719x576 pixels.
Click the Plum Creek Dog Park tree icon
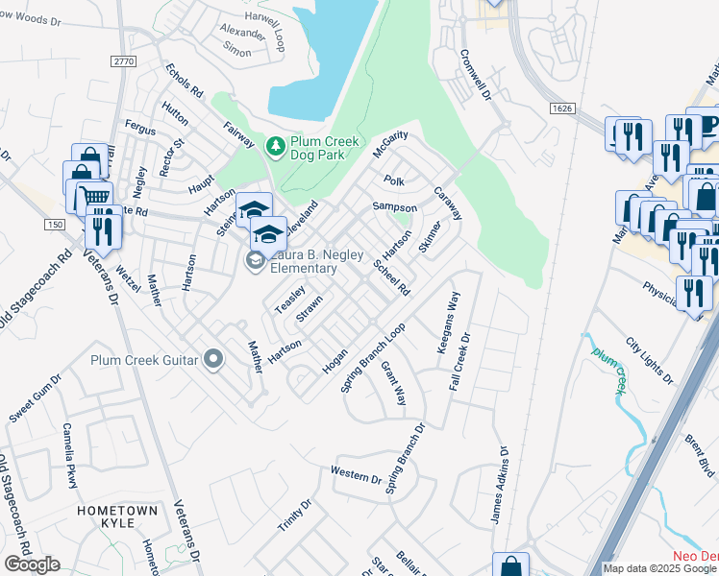click(x=275, y=145)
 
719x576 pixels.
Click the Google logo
click(x=33, y=564)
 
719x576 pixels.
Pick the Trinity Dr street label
click(x=294, y=518)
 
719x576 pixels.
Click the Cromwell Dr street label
click(x=476, y=76)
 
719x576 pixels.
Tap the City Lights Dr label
click(x=650, y=359)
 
